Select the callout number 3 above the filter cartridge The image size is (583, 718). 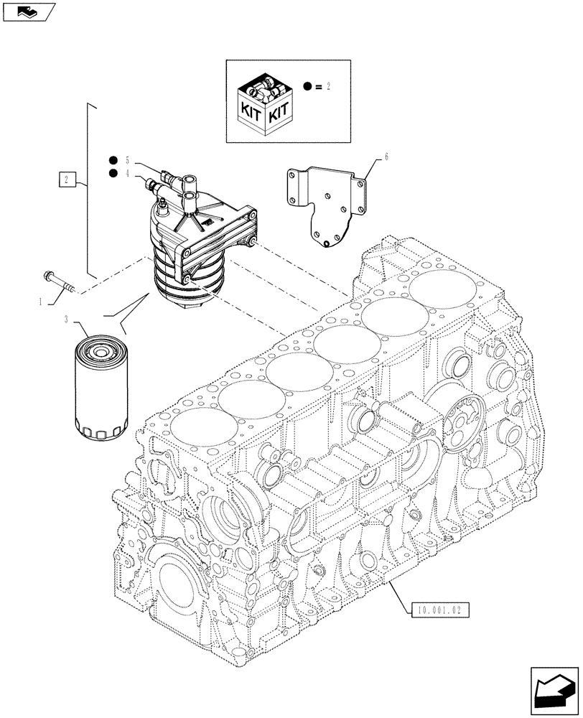point(67,320)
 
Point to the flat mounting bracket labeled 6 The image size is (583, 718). point(326,205)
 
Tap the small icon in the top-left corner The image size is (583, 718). point(28,11)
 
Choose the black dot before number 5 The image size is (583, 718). point(112,159)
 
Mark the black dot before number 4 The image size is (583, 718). point(112,173)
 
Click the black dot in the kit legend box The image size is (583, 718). point(307,86)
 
